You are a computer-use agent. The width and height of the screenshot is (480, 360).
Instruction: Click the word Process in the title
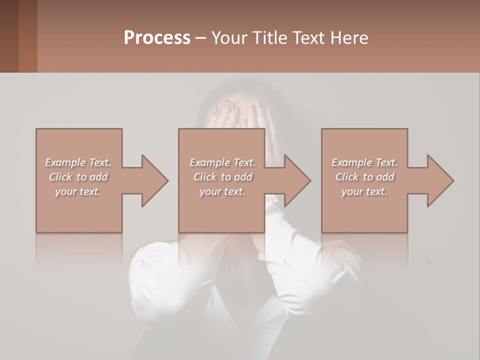click(157, 38)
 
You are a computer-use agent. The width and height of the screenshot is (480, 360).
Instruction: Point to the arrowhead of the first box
click(155, 180)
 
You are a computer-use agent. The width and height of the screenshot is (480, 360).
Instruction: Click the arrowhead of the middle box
click(298, 180)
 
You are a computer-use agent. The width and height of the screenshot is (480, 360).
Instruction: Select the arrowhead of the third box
click(440, 180)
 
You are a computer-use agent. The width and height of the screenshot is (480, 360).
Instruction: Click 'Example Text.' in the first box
click(78, 162)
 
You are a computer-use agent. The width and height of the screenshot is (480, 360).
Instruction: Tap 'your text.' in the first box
click(78, 191)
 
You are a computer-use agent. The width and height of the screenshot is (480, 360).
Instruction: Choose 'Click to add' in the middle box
click(222, 177)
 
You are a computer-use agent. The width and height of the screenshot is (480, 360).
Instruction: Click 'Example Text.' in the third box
click(364, 162)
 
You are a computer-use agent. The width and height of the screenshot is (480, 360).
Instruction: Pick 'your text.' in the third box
click(364, 191)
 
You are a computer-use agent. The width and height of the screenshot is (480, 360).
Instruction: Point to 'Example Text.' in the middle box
click(222, 162)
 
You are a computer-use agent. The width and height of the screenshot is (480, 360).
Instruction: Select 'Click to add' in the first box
click(78, 177)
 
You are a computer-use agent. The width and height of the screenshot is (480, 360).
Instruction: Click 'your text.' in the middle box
click(222, 191)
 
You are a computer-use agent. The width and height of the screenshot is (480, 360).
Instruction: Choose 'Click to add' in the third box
click(364, 177)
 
